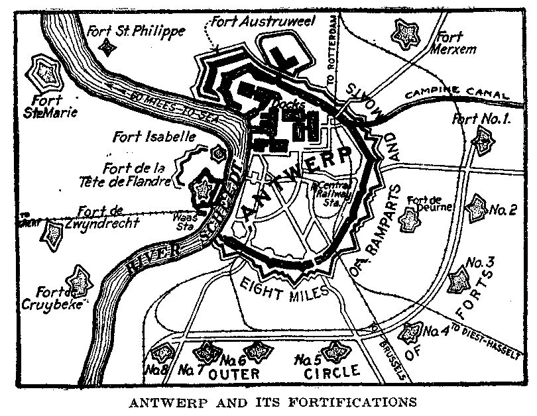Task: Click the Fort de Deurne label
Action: (430, 203)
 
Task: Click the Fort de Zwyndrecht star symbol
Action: (50, 233)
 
